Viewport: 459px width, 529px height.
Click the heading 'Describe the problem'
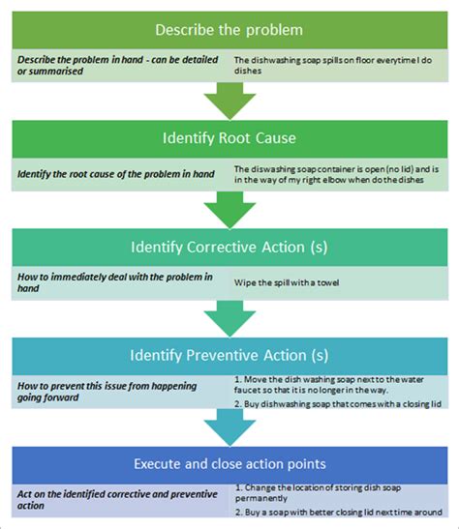(x=229, y=30)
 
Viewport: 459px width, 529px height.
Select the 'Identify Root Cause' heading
(x=229, y=138)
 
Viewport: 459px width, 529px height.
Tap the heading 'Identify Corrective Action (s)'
(x=229, y=247)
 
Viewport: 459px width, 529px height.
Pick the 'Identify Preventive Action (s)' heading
(x=229, y=355)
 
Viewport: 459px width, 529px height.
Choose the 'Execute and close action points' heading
(x=229, y=464)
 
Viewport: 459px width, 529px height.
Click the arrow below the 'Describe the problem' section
(x=229, y=101)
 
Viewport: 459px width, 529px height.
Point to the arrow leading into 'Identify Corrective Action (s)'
(x=229, y=210)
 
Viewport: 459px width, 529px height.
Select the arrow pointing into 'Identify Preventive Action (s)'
(x=229, y=319)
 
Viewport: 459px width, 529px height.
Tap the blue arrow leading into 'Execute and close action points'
(x=229, y=427)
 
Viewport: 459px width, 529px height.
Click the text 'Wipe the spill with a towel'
(x=287, y=282)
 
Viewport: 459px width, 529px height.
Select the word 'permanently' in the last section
(x=261, y=498)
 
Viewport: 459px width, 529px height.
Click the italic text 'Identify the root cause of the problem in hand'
(x=116, y=174)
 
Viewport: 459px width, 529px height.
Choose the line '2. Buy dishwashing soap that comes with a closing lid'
(x=338, y=404)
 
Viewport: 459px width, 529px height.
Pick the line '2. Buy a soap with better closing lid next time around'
(x=338, y=513)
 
